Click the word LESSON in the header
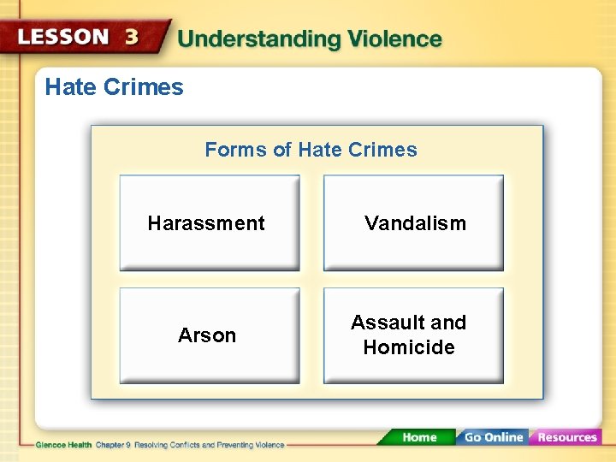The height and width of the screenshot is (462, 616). tap(64, 37)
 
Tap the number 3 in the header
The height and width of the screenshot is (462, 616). tap(132, 38)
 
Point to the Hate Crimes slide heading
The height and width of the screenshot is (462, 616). tap(114, 86)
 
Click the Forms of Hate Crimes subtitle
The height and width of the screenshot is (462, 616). tap(311, 150)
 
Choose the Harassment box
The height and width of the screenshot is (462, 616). tap(209, 223)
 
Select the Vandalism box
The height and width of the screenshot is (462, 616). tap(413, 223)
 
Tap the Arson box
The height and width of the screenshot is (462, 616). tap(209, 335)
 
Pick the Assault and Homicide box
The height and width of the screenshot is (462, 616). tap(413, 335)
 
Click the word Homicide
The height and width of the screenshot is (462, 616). tap(409, 347)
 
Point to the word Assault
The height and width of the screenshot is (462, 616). tap(385, 323)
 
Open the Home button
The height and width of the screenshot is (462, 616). tap(419, 437)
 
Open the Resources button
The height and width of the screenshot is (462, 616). tap(566, 437)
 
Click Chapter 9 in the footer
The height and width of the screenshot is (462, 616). tap(113, 445)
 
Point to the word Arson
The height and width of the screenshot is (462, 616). tap(207, 335)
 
